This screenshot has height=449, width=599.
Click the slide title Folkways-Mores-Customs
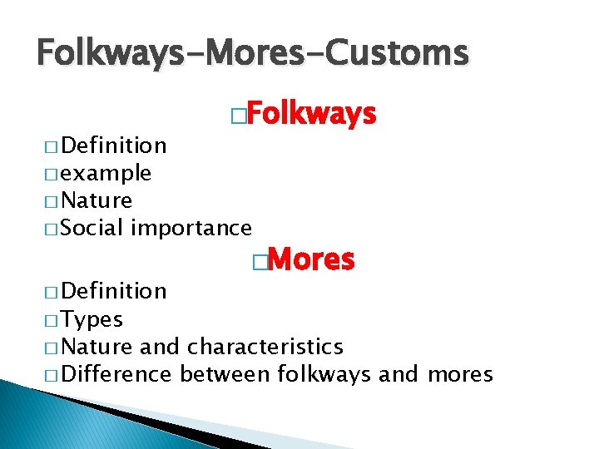(253, 54)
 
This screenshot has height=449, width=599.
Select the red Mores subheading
(312, 261)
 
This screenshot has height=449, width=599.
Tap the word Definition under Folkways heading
(114, 146)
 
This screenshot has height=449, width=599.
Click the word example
(106, 174)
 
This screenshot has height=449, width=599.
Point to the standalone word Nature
(97, 200)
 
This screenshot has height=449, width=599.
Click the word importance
(191, 227)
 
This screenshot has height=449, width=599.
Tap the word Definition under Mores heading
(114, 290)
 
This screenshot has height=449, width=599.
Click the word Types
(92, 319)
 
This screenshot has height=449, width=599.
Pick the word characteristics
(265, 346)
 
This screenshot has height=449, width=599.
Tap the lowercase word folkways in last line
(324, 374)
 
